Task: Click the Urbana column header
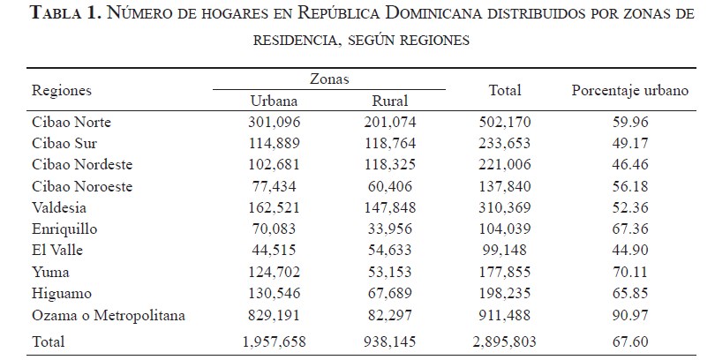pos(275,101)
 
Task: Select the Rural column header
pos(389,101)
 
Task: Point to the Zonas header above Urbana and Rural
pos(328,79)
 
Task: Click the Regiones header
pos(62,91)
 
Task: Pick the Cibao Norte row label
pos(71,122)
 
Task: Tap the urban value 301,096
pos(275,122)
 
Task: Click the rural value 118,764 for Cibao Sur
pos(389,143)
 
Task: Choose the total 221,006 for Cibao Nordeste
pos(506,165)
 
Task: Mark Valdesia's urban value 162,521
pos(275,208)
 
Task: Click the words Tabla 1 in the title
pos(61,16)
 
